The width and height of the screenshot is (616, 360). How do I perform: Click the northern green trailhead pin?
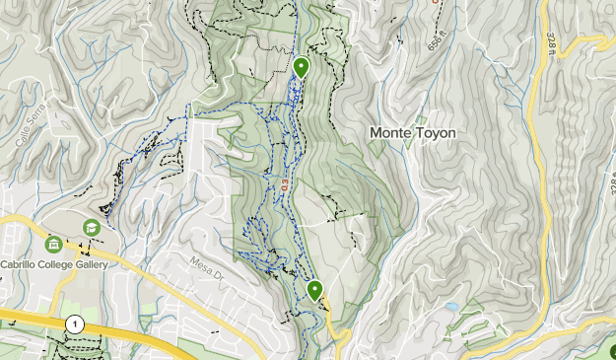pyautogui.click(x=301, y=67)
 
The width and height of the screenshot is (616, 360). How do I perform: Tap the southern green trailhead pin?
pyautogui.click(x=314, y=290)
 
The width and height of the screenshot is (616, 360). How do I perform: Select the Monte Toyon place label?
pyautogui.click(x=413, y=131)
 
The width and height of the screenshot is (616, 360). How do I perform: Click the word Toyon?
pyautogui.click(x=436, y=131)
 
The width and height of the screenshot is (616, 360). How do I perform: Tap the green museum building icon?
pyautogui.click(x=53, y=244)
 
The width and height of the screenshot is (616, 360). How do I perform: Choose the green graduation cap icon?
pyautogui.click(x=92, y=227)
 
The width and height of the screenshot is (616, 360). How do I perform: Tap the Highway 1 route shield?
pyautogui.click(x=75, y=324)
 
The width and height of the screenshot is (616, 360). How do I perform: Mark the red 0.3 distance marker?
pyautogui.click(x=284, y=184)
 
